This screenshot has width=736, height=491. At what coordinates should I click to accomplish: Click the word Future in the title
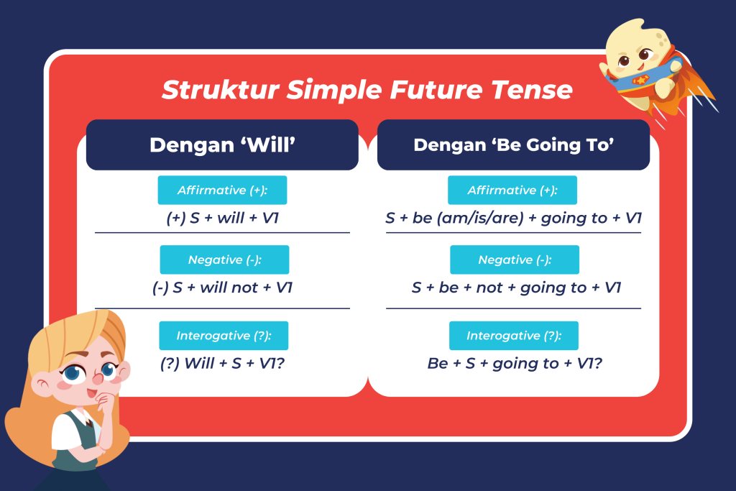point(436,90)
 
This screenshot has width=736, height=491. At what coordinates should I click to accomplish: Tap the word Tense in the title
point(532,90)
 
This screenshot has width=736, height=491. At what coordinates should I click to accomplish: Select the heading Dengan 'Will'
point(223,144)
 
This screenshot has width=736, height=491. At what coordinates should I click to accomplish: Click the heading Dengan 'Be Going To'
point(513,144)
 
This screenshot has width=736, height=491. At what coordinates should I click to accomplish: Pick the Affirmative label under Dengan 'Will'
point(223,190)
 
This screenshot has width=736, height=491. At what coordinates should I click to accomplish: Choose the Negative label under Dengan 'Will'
point(224,260)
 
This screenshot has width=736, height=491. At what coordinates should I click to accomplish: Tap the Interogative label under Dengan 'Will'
point(224,336)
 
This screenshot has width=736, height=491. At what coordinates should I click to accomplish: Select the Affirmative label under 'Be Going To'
point(512,190)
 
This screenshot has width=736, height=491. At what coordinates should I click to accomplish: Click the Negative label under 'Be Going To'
point(515,260)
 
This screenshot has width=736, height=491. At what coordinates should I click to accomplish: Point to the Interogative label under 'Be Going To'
point(514,336)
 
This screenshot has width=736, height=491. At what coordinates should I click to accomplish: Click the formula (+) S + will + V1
point(223,218)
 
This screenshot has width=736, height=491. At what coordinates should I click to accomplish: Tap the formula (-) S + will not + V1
point(223,288)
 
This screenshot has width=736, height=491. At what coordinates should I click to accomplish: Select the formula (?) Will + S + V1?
point(223,363)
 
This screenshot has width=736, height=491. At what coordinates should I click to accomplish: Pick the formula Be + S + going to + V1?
point(515,363)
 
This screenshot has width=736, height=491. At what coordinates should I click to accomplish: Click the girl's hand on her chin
point(104,403)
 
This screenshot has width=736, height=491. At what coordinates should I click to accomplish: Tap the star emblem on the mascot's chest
point(640,80)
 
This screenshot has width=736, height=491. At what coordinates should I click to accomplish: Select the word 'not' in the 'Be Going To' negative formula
point(489,288)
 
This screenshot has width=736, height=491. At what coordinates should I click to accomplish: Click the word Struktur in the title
point(220,90)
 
